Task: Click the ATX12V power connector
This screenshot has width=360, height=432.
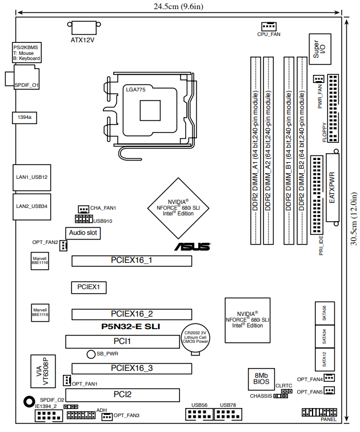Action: [x=84, y=27]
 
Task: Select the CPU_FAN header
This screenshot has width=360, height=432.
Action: [x=269, y=26]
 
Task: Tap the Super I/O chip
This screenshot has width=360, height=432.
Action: [x=320, y=49]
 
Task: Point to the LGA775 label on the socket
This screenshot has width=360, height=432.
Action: [x=135, y=90]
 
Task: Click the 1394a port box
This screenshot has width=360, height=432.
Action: [x=25, y=118]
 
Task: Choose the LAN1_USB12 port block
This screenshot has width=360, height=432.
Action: [x=31, y=177]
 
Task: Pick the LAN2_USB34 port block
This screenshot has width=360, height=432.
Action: [x=31, y=207]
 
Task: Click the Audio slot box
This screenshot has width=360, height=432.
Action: [x=83, y=233]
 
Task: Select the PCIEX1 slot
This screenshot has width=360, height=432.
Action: [x=89, y=287]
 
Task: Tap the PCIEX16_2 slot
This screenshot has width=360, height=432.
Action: [x=131, y=314]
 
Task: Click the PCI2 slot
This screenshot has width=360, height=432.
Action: [x=122, y=395]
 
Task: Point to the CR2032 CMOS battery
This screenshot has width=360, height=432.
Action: [x=195, y=338]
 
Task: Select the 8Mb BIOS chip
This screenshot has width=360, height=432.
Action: [x=261, y=379]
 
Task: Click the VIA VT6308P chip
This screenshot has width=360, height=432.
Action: [x=43, y=371]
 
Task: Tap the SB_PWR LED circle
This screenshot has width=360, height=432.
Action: [x=91, y=354]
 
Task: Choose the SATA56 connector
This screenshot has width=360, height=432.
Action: [x=325, y=313]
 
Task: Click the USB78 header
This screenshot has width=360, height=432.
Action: [x=228, y=414]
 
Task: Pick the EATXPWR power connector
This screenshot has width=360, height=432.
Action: [x=333, y=187]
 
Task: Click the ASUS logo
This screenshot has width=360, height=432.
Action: [x=193, y=247]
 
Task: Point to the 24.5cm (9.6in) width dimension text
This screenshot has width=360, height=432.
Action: [x=178, y=6]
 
